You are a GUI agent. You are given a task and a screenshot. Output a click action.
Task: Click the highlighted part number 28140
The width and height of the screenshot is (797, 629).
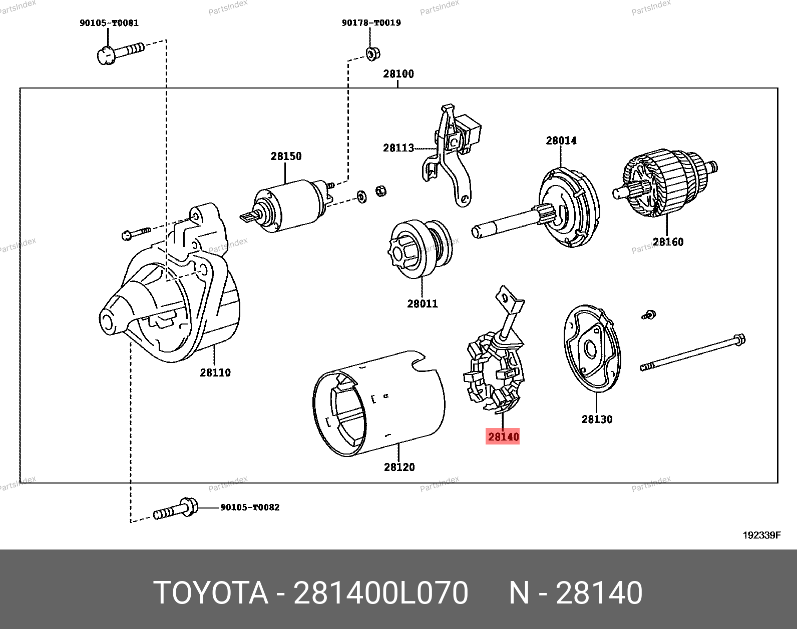(x=503, y=436)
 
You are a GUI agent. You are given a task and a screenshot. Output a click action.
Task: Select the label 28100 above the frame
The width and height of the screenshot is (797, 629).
(x=398, y=74)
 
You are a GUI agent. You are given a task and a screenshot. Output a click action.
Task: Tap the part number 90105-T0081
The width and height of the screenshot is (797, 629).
(x=109, y=23)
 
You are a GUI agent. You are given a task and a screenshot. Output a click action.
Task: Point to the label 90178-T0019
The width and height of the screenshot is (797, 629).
(x=371, y=23)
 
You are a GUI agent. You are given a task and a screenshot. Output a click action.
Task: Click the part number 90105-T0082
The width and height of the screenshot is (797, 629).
(x=250, y=507)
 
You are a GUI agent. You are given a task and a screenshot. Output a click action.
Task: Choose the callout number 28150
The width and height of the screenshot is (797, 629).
(x=286, y=156)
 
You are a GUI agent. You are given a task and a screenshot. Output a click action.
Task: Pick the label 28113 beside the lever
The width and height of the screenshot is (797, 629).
(x=398, y=147)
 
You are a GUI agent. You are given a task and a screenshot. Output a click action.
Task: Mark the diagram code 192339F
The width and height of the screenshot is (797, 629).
(x=761, y=535)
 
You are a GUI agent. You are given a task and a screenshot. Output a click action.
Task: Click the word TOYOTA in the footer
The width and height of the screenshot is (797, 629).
(x=211, y=593)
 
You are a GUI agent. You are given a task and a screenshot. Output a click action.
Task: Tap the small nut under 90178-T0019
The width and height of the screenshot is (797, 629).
(x=371, y=53)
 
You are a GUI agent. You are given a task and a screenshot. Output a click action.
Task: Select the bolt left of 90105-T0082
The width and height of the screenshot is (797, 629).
(x=175, y=509)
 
